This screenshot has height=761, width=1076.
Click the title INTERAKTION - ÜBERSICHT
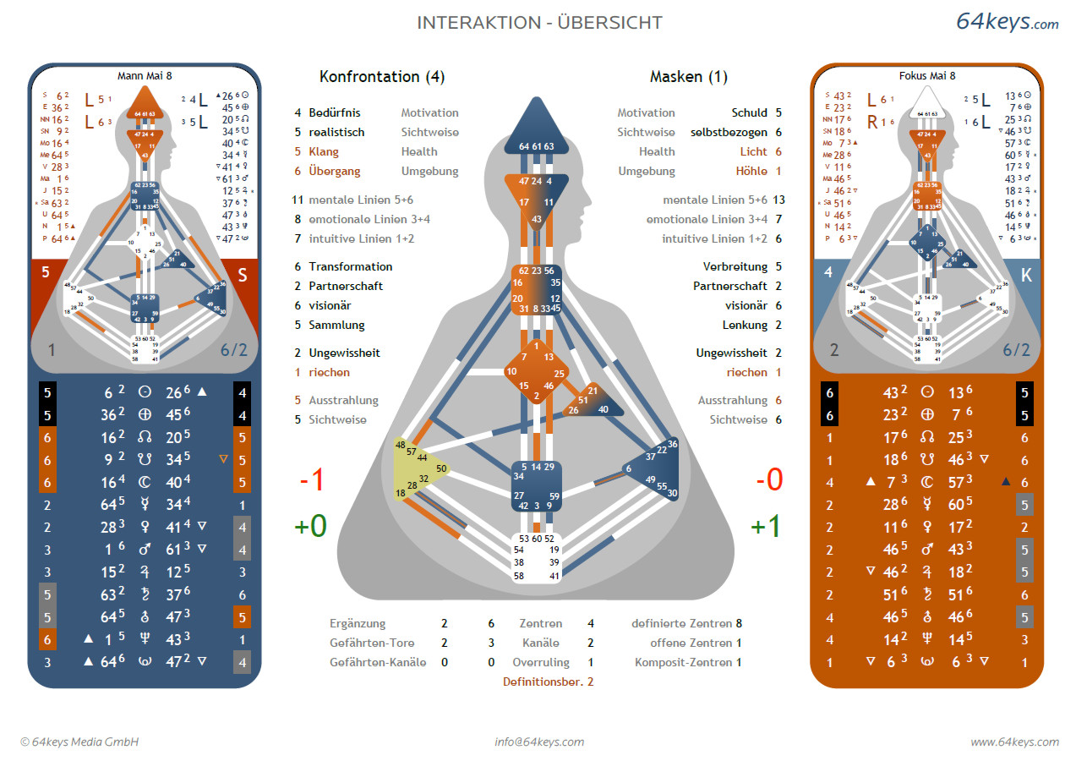[x=539, y=23]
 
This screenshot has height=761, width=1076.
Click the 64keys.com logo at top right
[x=1007, y=22]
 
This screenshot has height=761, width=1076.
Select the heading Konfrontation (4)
[x=382, y=77]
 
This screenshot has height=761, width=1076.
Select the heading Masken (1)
[x=689, y=77]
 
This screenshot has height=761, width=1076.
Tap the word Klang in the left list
[x=324, y=152]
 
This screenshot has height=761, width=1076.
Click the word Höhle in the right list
[x=751, y=172]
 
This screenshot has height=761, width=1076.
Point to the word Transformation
[x=350, y=267]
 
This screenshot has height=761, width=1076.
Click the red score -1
[x=312, y=481]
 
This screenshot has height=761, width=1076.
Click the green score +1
[x=766, y=526]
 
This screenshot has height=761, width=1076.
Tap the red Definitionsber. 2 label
[x=548, y=682]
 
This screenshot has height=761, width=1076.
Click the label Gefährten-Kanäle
[x=378, y=663]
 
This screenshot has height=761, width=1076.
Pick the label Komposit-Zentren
[x=684, y=663]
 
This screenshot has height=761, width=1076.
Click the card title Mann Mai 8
[x=145, y=76]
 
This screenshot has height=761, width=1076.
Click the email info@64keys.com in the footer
[x=539, y=742]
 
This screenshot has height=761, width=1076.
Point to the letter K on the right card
[x=1026, y=274]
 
